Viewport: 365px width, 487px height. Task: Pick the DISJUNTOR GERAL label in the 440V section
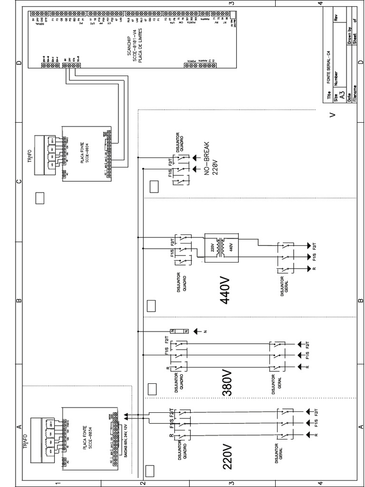[x=285, y=285]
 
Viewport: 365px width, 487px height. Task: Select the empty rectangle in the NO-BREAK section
[x=154, y=186]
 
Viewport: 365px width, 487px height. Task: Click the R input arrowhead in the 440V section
[x=309, y=269]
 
